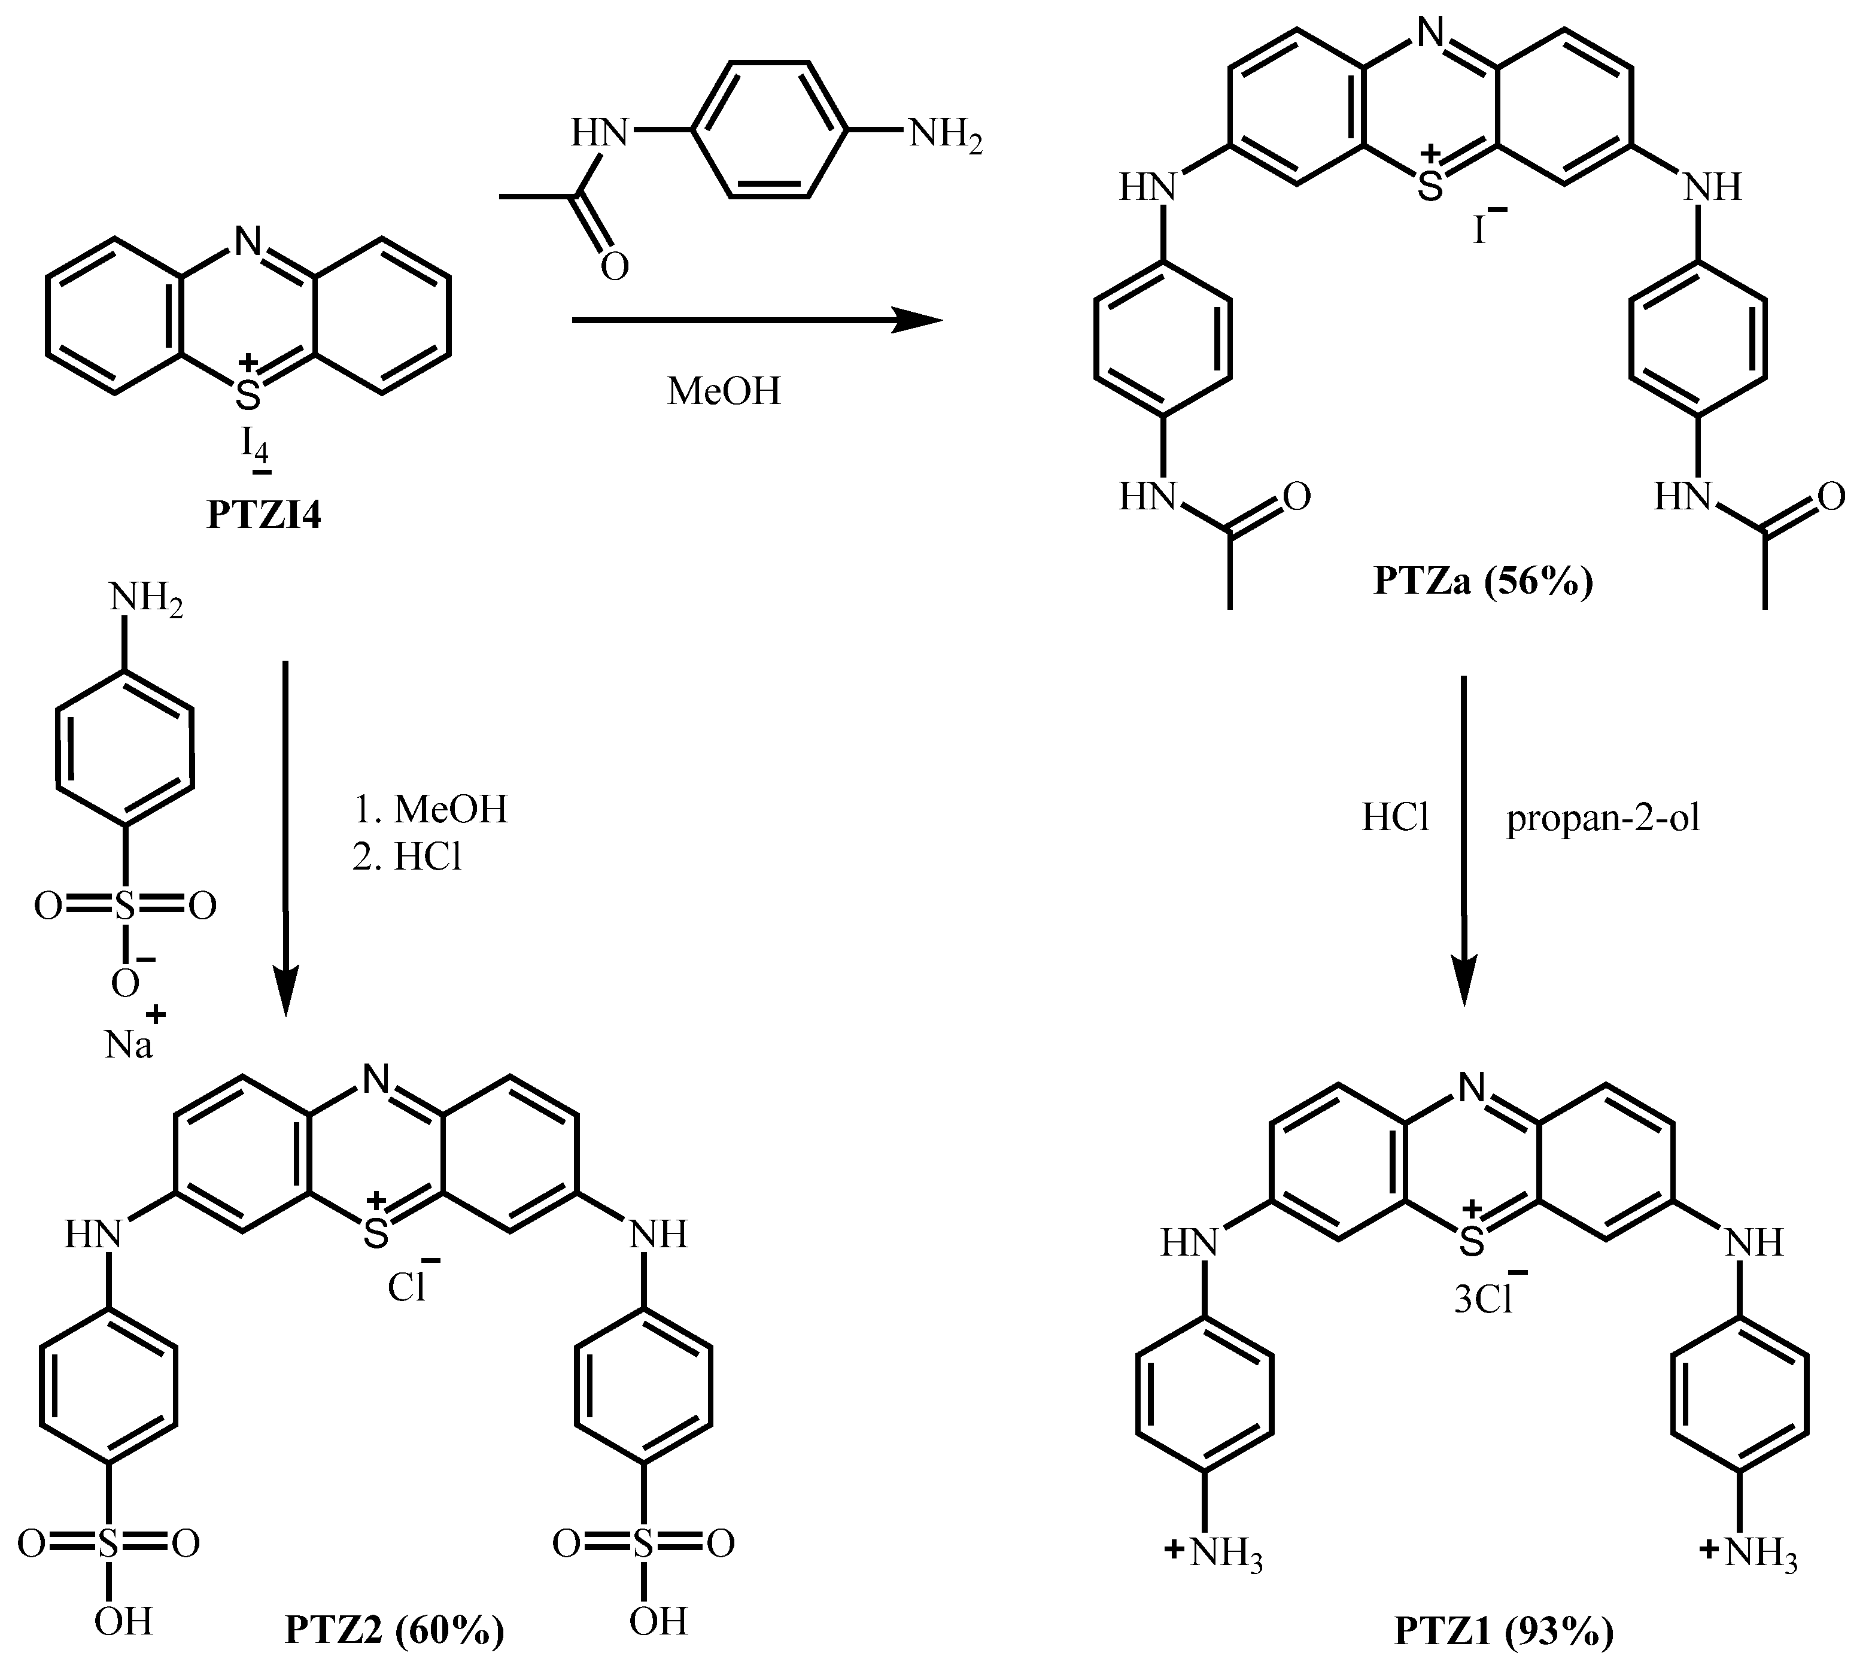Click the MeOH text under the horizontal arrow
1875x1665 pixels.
tap(724, 391)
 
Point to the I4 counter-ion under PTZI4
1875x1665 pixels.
tap(255, 446)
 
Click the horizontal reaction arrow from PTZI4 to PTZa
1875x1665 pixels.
tap(757, 320)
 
